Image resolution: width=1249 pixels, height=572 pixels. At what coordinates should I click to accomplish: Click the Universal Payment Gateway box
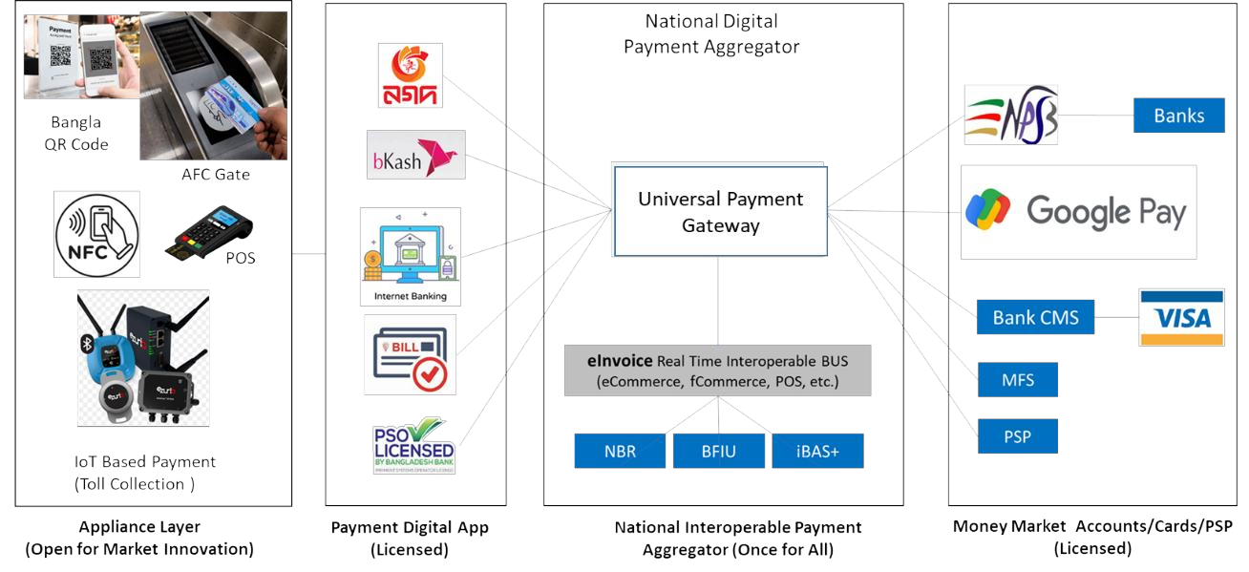coord(719,211)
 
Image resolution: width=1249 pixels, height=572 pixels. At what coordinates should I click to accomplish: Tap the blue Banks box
coord(1178,116)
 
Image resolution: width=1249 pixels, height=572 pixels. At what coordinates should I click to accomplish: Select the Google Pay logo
coord(1078,212)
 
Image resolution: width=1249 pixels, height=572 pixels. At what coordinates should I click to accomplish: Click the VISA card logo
coord(1181,317)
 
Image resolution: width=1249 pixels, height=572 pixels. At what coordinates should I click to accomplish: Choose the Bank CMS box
coord(1035,317)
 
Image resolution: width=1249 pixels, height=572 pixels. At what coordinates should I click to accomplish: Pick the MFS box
coord(1018,380)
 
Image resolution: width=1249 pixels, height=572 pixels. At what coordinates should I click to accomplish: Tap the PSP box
coord(1018,437)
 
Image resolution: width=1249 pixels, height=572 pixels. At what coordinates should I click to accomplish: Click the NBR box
coord(620,452)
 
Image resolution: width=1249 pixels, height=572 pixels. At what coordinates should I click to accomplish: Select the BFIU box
coord(718,452)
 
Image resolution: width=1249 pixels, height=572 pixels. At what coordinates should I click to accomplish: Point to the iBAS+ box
coord(817,452)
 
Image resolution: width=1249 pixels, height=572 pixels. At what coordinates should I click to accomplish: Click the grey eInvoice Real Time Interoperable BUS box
coord(717,371)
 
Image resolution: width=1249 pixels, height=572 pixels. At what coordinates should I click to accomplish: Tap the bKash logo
coord(415,156)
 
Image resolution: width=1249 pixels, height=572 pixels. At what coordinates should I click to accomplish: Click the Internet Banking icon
coord(410,256)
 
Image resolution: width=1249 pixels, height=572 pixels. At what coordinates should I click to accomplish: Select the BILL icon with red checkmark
coord(410,354)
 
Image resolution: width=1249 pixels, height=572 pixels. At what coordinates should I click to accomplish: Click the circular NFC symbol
coord(96,234)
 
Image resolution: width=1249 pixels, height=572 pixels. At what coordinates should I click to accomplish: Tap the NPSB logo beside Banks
coord(1010,116)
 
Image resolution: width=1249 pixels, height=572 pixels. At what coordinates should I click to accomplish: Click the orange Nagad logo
coord(409,75)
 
